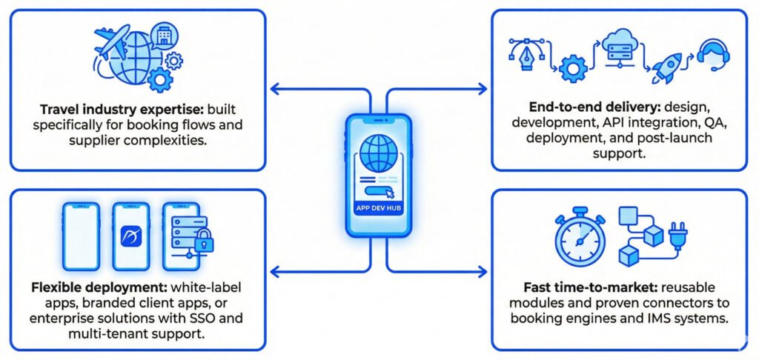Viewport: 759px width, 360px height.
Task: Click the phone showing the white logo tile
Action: coord(130,236)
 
